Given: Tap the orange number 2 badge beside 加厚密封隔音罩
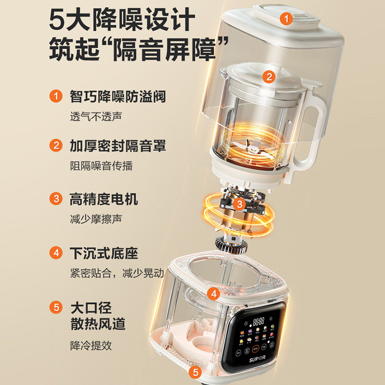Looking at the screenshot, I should [x=57, y=145].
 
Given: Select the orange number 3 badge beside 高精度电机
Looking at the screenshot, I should [x=57, y=198].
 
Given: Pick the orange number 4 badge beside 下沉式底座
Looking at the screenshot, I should [x=57, y=252].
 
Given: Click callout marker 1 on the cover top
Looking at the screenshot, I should [x=287, y=19].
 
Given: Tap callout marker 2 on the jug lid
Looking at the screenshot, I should [x=269, y=76].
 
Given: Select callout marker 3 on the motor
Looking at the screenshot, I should [x=239, y=204].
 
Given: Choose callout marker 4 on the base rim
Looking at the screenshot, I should [x=214, y=293].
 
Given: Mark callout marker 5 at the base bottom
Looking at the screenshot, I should [x=195, y=372].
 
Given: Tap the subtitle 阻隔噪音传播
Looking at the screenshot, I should [x=101, y=166].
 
